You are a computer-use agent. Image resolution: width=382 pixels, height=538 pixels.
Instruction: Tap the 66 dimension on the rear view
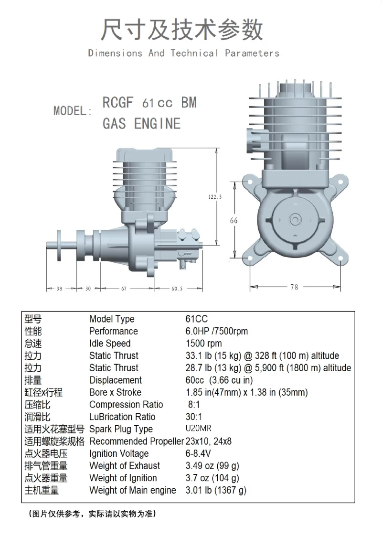click(233, 221)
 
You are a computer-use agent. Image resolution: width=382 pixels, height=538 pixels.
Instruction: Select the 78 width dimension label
click(294, 287)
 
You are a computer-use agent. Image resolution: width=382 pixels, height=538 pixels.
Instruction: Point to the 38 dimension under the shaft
click(59, 289)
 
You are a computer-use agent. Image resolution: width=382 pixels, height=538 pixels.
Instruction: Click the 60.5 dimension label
click(177, 289)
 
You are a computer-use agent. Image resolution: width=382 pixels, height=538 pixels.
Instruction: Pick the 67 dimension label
click(124, 289)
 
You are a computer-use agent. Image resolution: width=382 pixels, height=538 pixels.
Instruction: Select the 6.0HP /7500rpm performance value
click(216, 331)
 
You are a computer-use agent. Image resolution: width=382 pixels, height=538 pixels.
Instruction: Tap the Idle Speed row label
click(109, 344)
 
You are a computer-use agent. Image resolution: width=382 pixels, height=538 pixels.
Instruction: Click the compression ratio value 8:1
click(194, 405)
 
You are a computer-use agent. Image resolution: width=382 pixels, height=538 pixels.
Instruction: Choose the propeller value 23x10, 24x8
click(208, 441)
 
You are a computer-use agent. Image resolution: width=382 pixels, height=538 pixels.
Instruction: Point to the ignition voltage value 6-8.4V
click(198, 454)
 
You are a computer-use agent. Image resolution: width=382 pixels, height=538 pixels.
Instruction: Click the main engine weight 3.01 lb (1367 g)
click(216, 490)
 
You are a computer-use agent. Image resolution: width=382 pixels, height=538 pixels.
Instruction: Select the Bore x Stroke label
click(115, 392)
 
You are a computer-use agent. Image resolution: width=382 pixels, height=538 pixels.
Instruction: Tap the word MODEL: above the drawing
click(73, 111)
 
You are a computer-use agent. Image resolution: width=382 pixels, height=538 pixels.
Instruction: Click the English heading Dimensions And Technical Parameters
click(184, 53)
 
